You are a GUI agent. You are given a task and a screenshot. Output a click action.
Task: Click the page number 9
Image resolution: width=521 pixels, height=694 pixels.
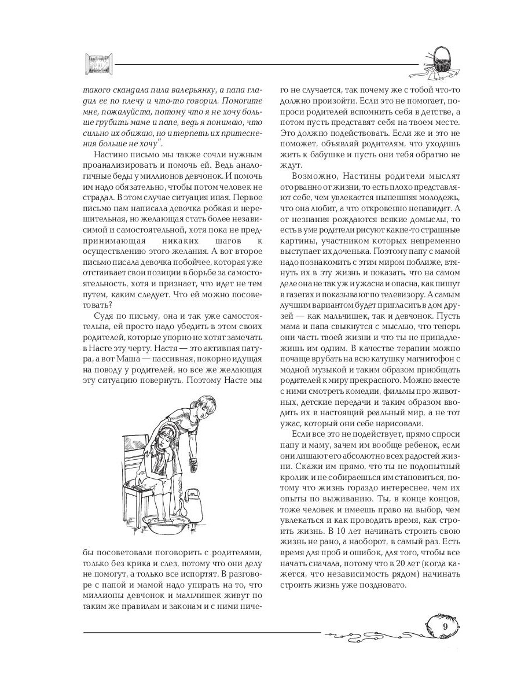pos(445,627)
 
